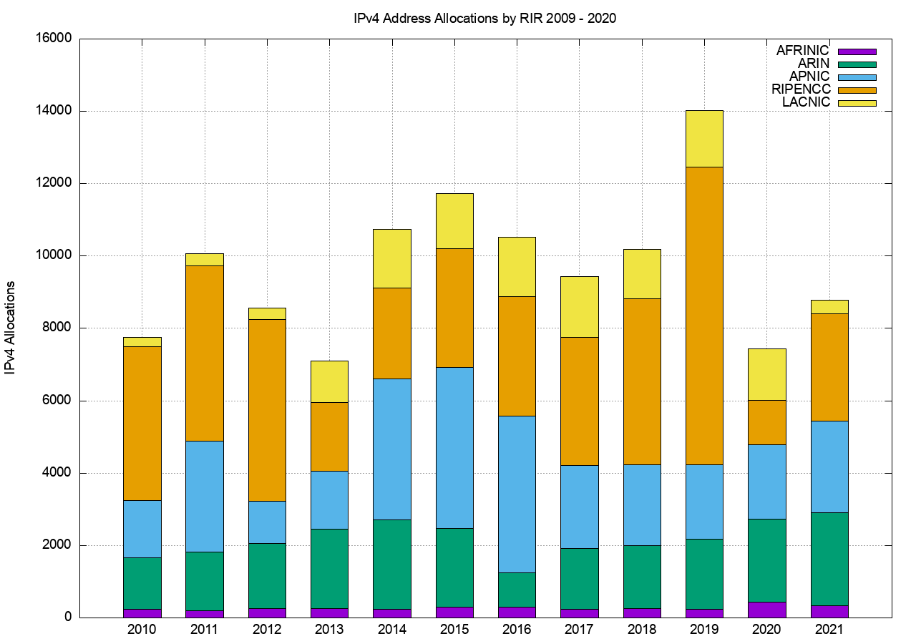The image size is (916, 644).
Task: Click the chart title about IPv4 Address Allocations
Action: [x=485, y=18]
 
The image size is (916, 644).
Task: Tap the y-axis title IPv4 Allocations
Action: [x=11, y=327]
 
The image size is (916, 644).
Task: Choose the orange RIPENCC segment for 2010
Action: [x=142, y=423]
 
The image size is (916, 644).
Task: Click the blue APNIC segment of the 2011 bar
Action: [x=205, y=496]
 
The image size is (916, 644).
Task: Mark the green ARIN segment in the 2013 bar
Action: [x=329, y=568]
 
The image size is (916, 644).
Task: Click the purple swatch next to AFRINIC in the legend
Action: [x=857, y=52]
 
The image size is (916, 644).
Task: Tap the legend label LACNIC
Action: [x=806, y=102]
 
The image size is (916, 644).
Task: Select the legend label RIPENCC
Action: [x=801, y=89]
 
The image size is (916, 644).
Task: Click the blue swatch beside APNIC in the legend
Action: [x=857, y=77]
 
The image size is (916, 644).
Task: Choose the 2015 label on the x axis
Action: [x=454, y=630]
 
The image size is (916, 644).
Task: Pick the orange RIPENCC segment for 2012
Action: [x=267, y=409]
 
